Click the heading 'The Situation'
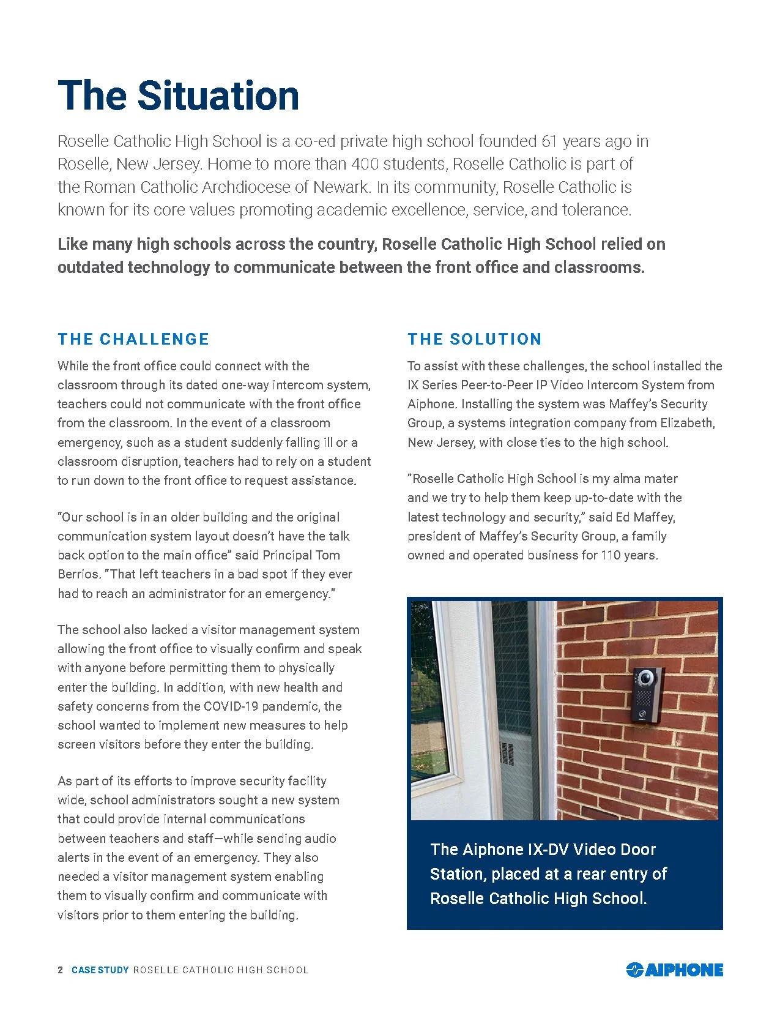pos(178,95)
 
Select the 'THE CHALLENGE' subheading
pos(133,339)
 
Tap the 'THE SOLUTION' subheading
pos(475,339)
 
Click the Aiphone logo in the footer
pos(675,970)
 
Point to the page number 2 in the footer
pos(60,970)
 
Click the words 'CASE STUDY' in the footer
pos(100,970)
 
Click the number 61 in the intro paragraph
pos(550,141)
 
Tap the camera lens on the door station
pos(644,678)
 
